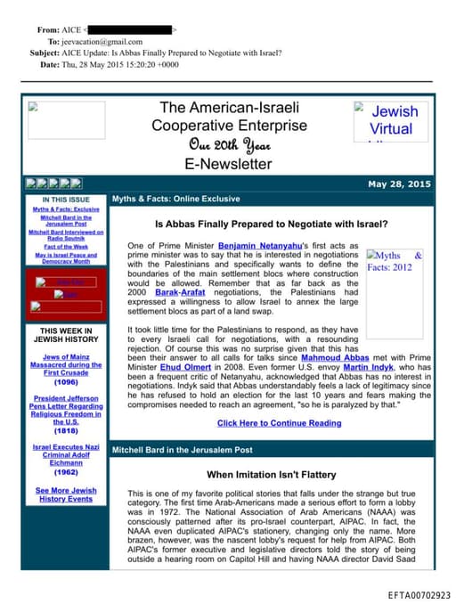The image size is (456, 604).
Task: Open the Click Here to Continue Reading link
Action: pos(279,423)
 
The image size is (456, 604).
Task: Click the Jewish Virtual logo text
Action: pos(393,120)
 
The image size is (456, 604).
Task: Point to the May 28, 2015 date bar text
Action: pos(399,184)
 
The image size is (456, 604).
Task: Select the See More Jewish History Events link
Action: pos(66,494)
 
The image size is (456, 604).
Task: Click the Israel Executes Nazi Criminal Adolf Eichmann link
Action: pos(66,453)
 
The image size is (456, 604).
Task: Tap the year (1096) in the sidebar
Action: pos(66,382)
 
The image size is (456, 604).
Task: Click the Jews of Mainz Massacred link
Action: pos(66,363)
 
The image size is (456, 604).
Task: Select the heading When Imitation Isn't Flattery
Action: pos(270,475)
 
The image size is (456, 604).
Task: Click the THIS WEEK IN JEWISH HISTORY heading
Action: pos(67,335)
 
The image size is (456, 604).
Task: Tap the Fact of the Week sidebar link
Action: pos(66,246)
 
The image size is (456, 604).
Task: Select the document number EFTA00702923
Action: pos(419,594)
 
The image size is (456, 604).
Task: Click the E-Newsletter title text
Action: pos(228,164)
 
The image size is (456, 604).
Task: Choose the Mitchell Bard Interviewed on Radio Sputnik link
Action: pos(66,235)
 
